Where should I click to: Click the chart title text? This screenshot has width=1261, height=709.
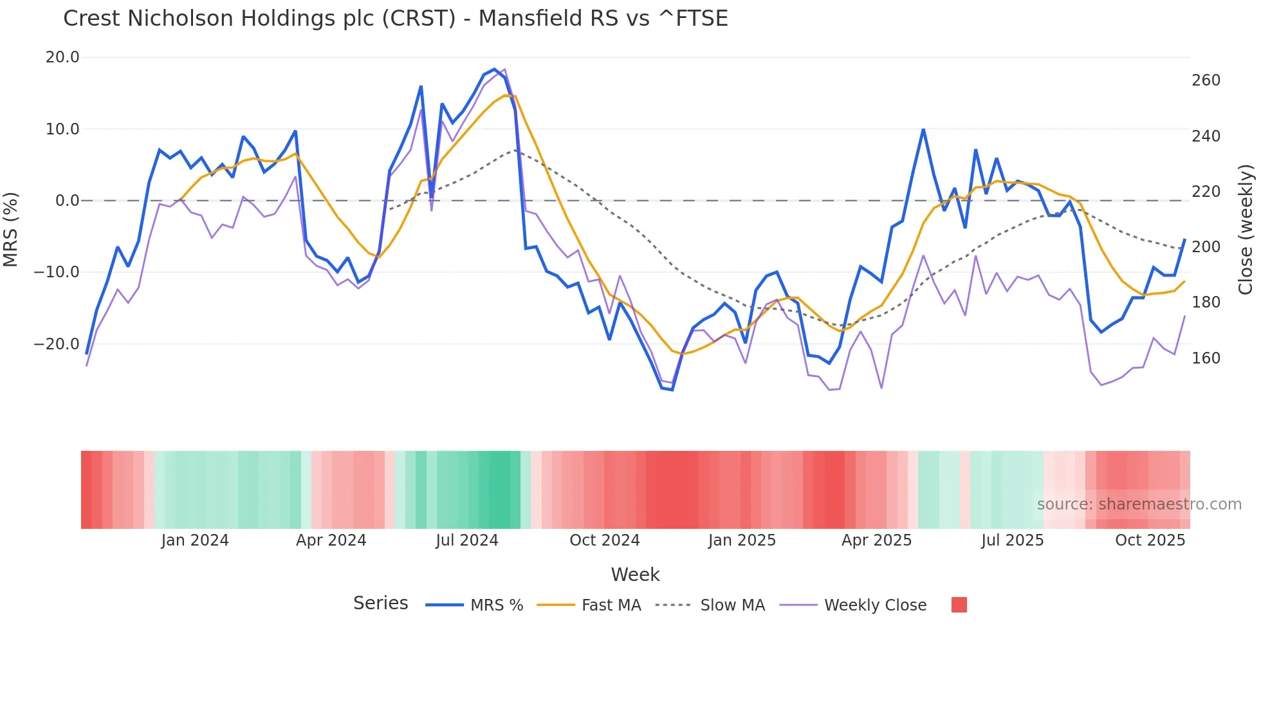click(x=395, y=19)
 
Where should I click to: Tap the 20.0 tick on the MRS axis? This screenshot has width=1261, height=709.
click(x=62, y=57)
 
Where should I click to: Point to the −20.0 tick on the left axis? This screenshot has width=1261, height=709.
click(x=57, y=344)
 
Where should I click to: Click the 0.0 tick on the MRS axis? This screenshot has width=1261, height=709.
click(x=68, y=201)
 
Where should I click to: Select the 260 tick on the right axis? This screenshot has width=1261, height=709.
click(x=1206, y=80)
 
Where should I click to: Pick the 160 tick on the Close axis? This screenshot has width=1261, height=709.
click(x=1206, y=358)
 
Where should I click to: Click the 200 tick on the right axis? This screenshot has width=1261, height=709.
click(x=1206, y=247)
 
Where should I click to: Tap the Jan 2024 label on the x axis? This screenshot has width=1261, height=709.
click(x=195, y=540)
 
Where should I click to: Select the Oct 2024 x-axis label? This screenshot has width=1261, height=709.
click(x=604, y=540)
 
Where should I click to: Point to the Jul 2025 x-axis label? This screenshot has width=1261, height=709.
click(x=1012, y=540)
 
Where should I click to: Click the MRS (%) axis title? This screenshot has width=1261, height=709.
click(x=11, y=229)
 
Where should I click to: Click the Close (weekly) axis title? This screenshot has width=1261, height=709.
click(x=1246, y=229)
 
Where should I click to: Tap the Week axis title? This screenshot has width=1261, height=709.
click(x=635, y=575)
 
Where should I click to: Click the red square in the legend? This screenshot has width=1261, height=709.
click(x=959, y=605)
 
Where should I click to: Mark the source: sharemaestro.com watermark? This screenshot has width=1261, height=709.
click(x=1139, y=504)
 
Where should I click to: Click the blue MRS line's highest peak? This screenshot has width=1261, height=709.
click(x=494, y=69)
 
